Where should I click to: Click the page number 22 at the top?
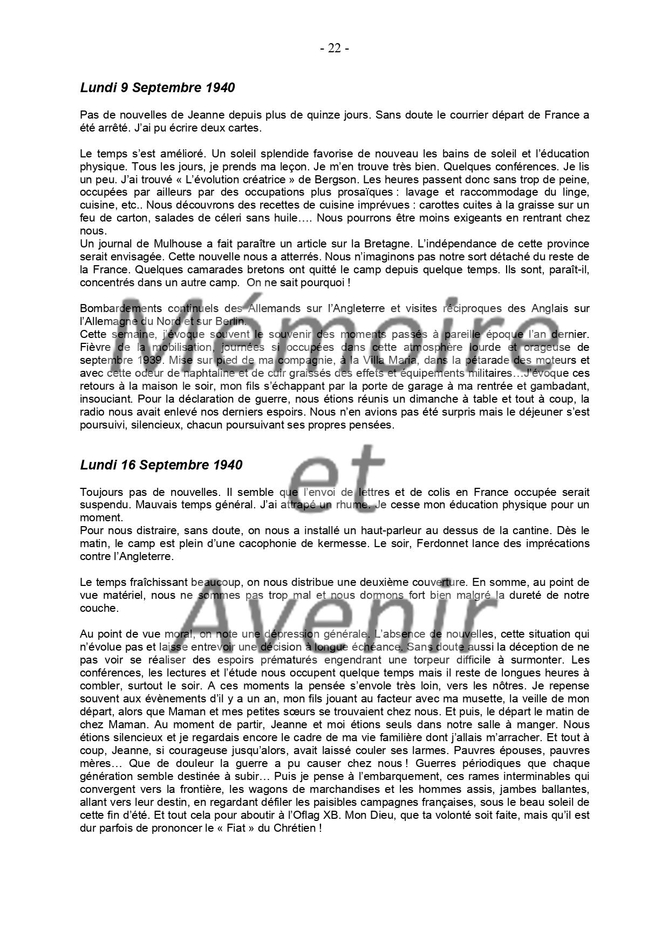coord(334,49)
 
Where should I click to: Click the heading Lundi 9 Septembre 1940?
coord(157,87)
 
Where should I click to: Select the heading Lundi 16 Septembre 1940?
coord(161,465)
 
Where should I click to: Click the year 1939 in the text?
coord(138,360)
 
